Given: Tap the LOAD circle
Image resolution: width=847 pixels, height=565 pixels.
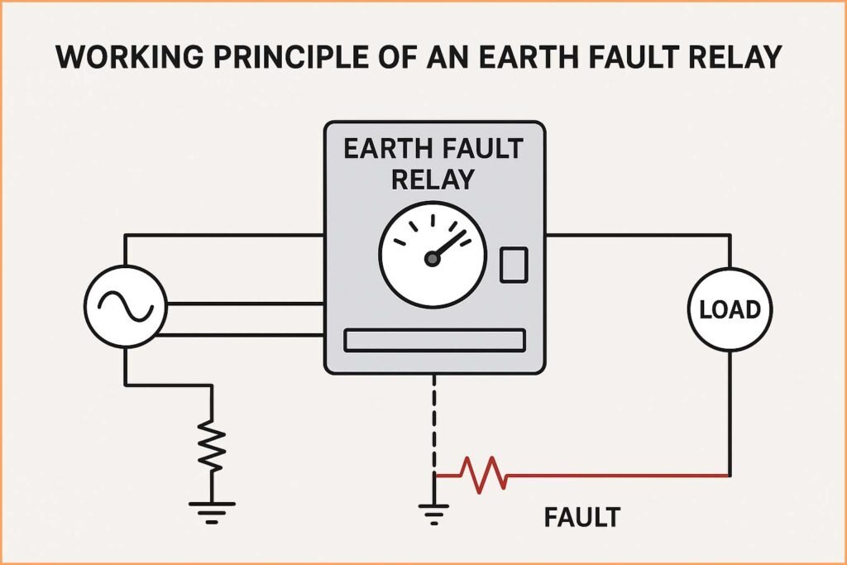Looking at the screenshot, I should click(x=730, y=309).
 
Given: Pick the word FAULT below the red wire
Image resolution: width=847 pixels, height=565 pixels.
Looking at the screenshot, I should click(x=581, y=518).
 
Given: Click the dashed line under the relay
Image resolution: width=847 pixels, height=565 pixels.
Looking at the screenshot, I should click(x=434, y=422).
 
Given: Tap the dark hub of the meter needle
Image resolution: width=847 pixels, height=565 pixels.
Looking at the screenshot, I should click(x=431, y=260).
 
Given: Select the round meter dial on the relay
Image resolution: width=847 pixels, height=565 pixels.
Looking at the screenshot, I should click(x=430, y=253).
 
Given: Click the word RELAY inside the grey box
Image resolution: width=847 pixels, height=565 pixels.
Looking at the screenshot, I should click(x=433, y=179).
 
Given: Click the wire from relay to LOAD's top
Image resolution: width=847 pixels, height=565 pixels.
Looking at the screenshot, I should click(x=637, y=235).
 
